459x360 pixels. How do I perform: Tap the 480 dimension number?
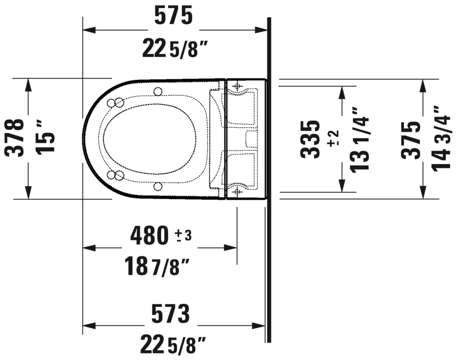pyautogui.click(x=150, y=235)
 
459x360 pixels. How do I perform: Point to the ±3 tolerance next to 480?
pyautogui.click(x=183, y=235)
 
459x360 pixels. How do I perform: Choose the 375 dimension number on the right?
pyautogui.click(x=410, y=139)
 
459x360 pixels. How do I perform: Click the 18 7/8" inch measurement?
pyautogui.click(x=156, y=267)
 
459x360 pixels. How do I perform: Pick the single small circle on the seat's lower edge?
pyautogui.click(x=157, y=186)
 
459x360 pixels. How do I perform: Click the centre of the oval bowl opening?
pyautogui.click(x=149, y=138)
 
